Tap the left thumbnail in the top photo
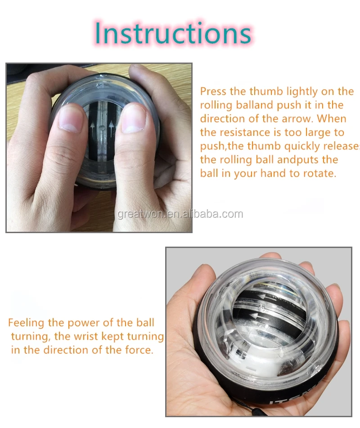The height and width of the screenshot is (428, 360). (x=70, y=119)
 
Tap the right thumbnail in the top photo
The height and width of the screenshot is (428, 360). (x=133, y=119)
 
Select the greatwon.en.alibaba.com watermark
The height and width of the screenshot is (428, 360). (x=180, y=214)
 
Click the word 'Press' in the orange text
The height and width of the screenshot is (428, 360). (x=213, y=91)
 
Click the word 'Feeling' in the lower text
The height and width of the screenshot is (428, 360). (x=26, y=323)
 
